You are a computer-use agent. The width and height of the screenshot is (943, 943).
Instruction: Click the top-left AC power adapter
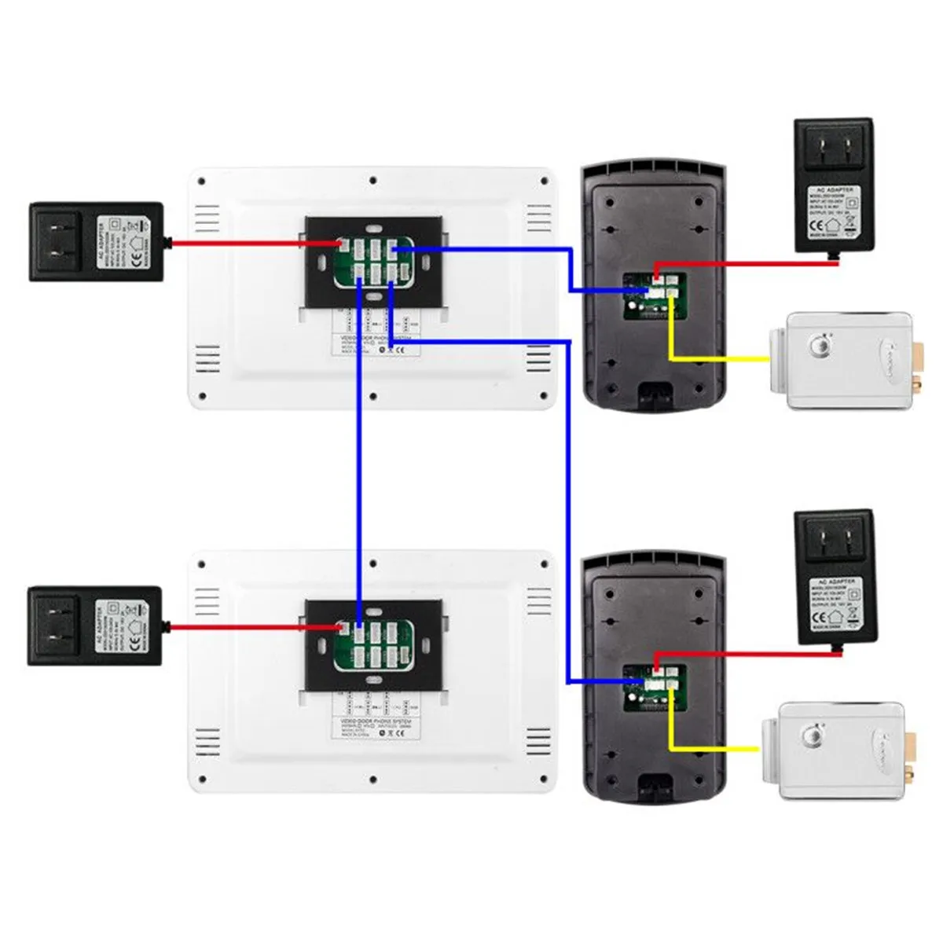click(x=96, y=242)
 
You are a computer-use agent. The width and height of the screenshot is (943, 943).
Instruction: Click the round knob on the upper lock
click(x=822, y=345)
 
